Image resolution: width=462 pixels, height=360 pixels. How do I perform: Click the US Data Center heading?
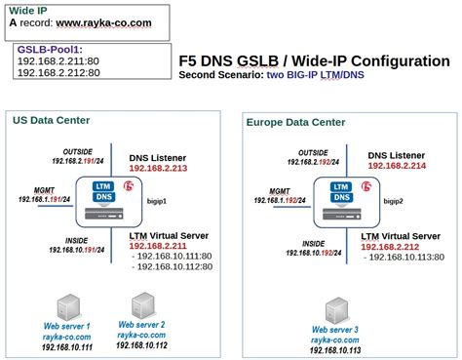click(51, 120)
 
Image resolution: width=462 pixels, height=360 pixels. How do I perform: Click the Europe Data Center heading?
click(293, 122)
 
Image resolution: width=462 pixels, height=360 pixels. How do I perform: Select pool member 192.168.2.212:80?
click(58, 71)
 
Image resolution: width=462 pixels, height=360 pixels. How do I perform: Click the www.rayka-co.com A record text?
click(104, 21)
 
